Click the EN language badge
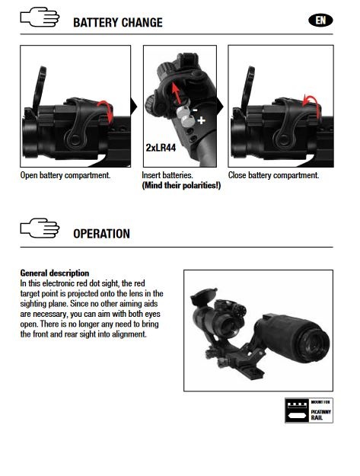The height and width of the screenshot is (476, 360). pyautogui.click(x=320, y=21)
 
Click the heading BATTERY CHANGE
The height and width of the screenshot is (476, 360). pyautogui.click(x=118, y=23)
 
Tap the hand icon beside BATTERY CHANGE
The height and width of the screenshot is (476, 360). pyautogui.click(x=40, y=18)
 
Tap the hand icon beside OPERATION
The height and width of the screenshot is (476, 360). pyautogui.click(x=40, y=228)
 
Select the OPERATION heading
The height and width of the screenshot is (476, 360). pyautogui.click(x=101, y=234)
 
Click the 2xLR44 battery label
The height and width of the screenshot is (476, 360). pyautogui.click(x=161, y=148)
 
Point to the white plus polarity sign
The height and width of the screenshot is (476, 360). pyautogui.click(x=201, y=120)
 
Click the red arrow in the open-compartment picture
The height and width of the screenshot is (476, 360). pyautogui.click(x=106, y=110)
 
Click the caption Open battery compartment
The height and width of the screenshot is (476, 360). pyautogui.click(x=65, y=175)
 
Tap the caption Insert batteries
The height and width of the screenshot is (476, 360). pyautogui.click(x=167, y=175)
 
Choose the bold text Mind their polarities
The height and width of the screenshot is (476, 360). pyautogui.click(x=181, y=185)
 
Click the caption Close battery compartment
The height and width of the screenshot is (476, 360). pyautogui.click(x=273, y=175)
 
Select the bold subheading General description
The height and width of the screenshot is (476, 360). pyautogui.click(x=55, y=273)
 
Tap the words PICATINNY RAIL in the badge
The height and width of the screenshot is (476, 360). pyautogui.click(x=320, y=414)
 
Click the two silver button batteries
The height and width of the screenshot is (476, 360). pyautogui.click(x=185, y=117)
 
